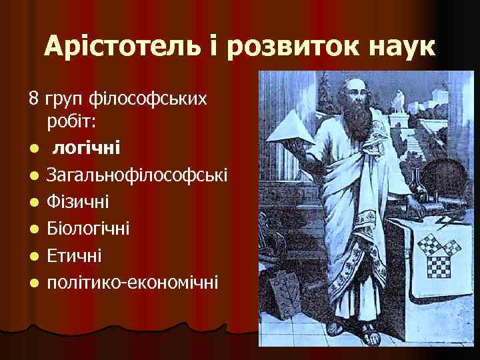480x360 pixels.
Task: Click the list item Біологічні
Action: coord(89,229)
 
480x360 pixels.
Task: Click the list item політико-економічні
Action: coord(132,282)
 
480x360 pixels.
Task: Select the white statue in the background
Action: coord(399,99)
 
